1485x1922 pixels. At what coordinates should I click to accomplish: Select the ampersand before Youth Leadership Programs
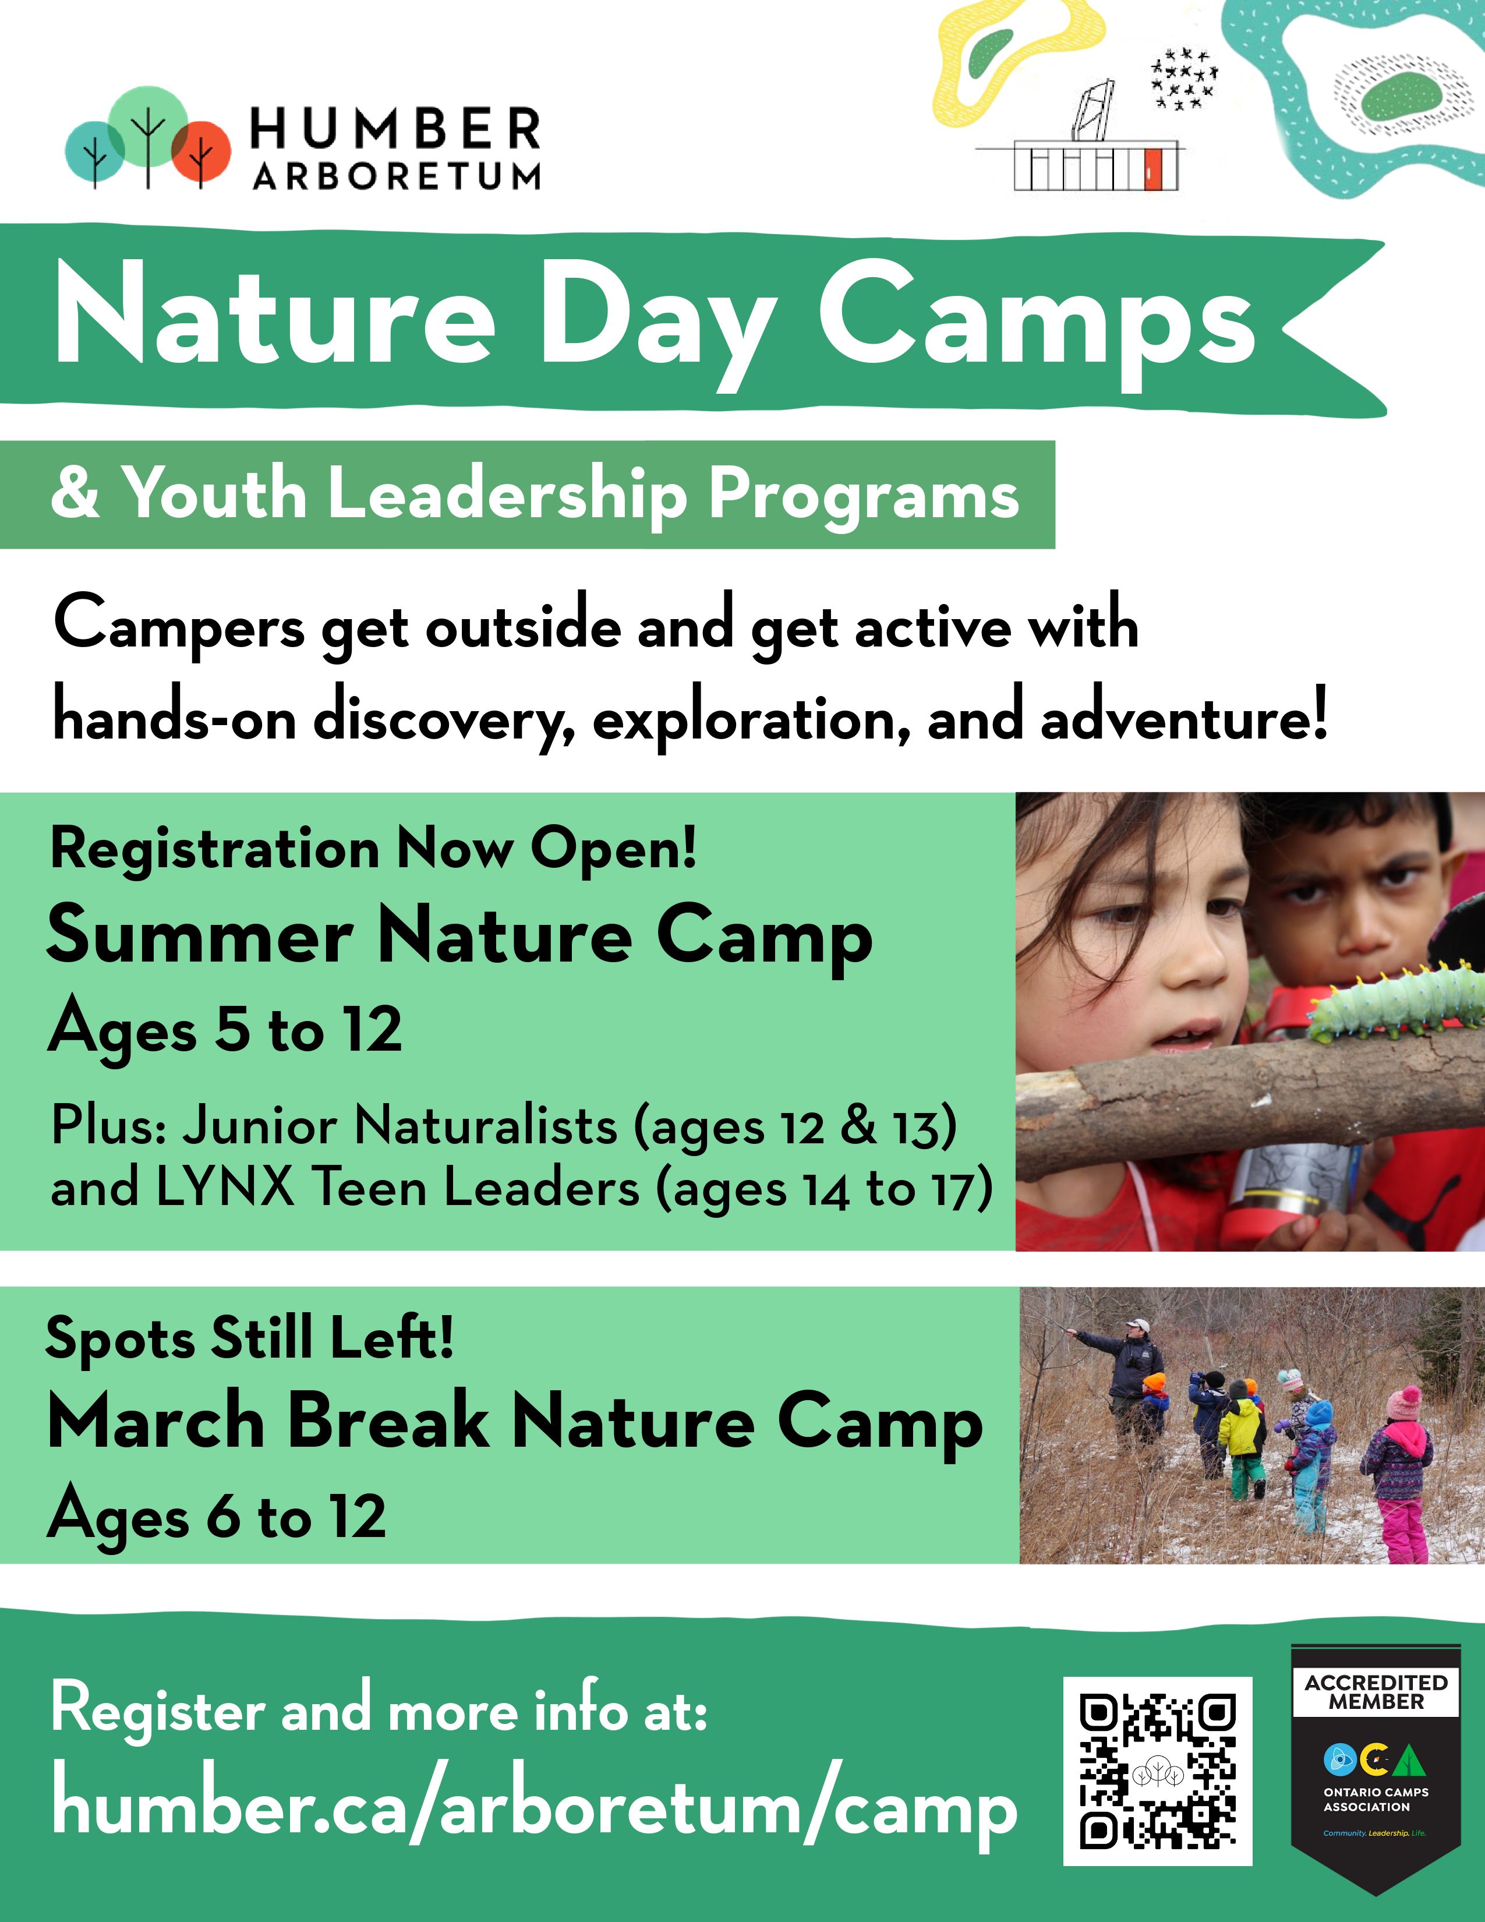coord(75,494)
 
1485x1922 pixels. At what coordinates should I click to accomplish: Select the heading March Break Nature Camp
coord(515,1423)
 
